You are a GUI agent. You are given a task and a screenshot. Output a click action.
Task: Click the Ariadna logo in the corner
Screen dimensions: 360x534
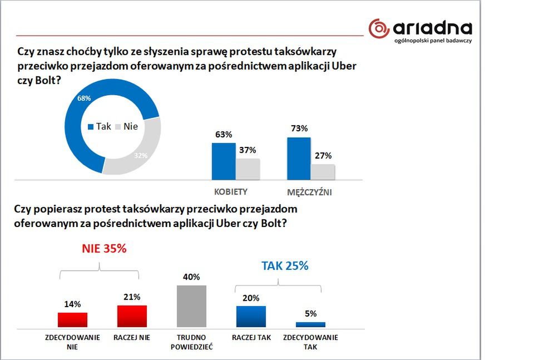(421, 31)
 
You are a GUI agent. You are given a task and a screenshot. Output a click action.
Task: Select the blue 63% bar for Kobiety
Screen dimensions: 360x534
(223, 161)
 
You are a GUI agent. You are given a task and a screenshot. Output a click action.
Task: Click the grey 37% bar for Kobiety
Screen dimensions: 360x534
(248, 169)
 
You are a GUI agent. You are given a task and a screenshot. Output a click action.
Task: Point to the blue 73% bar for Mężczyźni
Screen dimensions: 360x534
(299, 159)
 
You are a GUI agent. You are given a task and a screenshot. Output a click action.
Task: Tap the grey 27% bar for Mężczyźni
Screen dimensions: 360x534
(323, 172)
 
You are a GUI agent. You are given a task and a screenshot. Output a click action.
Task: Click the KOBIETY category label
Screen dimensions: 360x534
(231, 192)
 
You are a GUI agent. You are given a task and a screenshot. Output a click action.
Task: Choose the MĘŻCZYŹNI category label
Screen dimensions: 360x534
(310, 192)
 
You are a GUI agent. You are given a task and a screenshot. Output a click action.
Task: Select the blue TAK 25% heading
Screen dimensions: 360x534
(285, 266)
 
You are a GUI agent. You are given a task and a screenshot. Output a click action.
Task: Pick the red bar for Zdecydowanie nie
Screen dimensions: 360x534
(72, 320)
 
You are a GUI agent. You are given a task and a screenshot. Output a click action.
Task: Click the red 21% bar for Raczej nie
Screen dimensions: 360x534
(132, 316)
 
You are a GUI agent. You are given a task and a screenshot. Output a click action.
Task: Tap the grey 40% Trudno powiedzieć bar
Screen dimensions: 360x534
(191, 306)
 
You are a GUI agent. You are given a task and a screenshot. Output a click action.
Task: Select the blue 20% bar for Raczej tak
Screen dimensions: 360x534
(251, 317)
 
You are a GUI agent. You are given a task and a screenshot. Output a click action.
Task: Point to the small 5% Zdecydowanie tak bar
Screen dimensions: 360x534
(310, 324)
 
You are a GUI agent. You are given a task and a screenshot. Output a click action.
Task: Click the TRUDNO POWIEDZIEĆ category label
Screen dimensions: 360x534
(192, 342)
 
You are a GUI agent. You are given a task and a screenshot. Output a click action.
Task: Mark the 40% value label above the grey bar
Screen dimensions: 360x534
(191, 277)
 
